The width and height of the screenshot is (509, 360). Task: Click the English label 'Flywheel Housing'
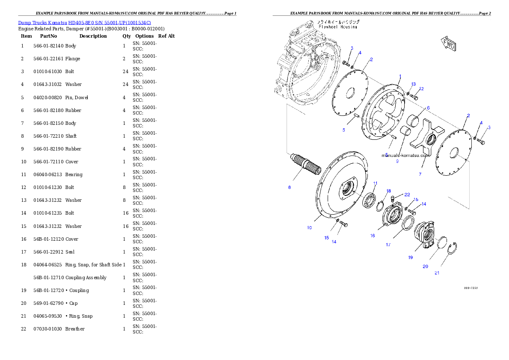point(337,27)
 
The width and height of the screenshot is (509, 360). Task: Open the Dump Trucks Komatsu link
point(84,22)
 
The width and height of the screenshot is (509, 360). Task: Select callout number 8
point(290,187)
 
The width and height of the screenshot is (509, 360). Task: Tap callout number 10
point(309,227)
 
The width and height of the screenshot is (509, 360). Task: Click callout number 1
point(400,77)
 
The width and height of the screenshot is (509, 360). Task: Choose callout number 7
point(420,174)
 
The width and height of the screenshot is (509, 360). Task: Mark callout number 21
point(437,273)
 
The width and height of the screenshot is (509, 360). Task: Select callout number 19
point(410,257)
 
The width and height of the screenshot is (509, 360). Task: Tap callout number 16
point(373,236)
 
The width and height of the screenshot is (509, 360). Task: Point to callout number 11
point(375,183)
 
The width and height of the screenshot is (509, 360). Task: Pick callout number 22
point(407,195)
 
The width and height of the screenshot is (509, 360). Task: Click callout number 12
point(421,89)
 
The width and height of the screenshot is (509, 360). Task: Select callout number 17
point(388,245)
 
